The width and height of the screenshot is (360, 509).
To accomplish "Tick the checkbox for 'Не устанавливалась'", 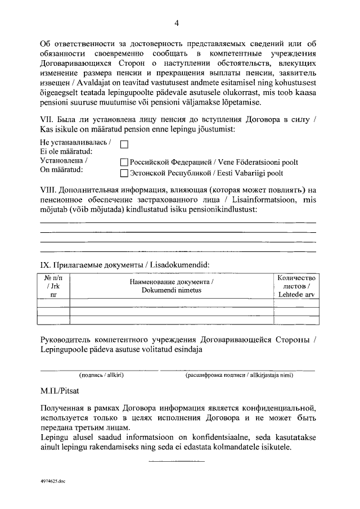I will (125, 144).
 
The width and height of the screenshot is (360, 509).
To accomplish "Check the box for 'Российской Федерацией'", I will (125, 162).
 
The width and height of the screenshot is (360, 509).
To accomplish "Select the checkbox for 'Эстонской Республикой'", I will (125, 173).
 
